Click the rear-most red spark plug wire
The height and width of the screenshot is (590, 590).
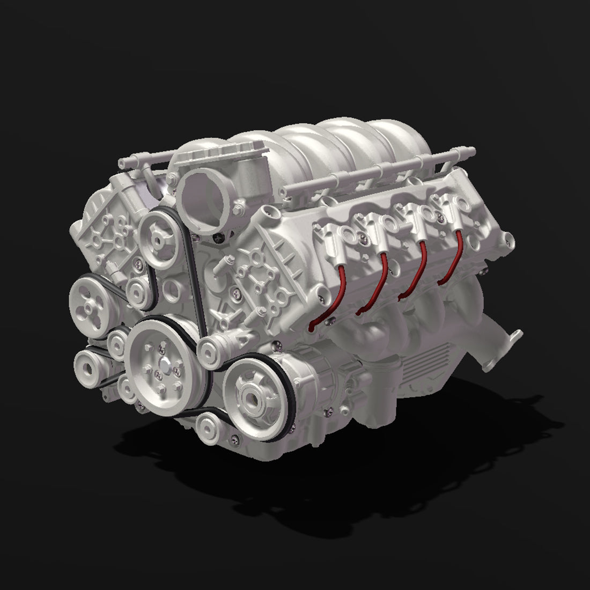[x=454, y=257]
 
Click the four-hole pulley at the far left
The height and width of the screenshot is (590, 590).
[x=90, y=298]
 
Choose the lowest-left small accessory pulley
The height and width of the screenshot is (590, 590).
[x=87, y=367]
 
